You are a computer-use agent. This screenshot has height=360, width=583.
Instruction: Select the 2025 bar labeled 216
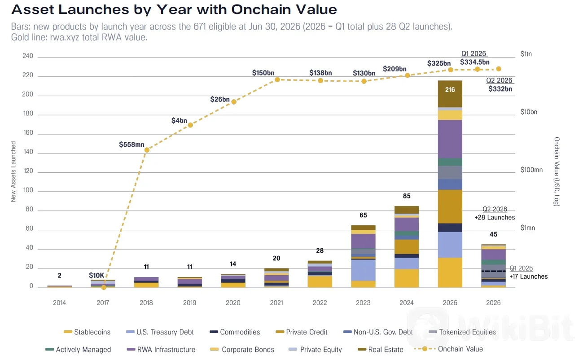450,184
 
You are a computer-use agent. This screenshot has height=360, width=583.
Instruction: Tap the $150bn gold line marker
277,79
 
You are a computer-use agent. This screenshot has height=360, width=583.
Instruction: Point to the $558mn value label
132,145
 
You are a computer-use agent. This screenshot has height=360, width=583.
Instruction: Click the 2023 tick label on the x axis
363,303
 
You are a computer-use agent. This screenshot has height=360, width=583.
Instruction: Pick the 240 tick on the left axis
28,56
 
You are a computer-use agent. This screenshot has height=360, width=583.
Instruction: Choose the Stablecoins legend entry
87,332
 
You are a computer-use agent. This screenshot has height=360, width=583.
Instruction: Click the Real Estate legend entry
381,350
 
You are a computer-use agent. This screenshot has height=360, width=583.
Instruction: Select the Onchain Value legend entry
448,349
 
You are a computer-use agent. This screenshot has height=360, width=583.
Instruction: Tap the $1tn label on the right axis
526,54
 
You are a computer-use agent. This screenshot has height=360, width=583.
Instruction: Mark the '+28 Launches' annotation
495,217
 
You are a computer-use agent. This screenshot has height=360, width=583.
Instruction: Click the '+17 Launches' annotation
528,277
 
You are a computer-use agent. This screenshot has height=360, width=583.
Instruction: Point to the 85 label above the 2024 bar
407,196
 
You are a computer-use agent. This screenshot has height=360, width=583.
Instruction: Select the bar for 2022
320,274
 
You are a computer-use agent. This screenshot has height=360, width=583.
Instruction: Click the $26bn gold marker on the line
234,102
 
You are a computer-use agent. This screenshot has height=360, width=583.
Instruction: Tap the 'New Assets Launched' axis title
13,171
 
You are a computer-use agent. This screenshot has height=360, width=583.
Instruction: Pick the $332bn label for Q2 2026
500,89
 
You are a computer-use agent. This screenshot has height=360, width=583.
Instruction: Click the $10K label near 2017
96,276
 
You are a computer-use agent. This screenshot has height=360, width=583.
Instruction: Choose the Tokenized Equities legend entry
462,332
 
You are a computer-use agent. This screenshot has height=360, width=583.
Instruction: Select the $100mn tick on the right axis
531,170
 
